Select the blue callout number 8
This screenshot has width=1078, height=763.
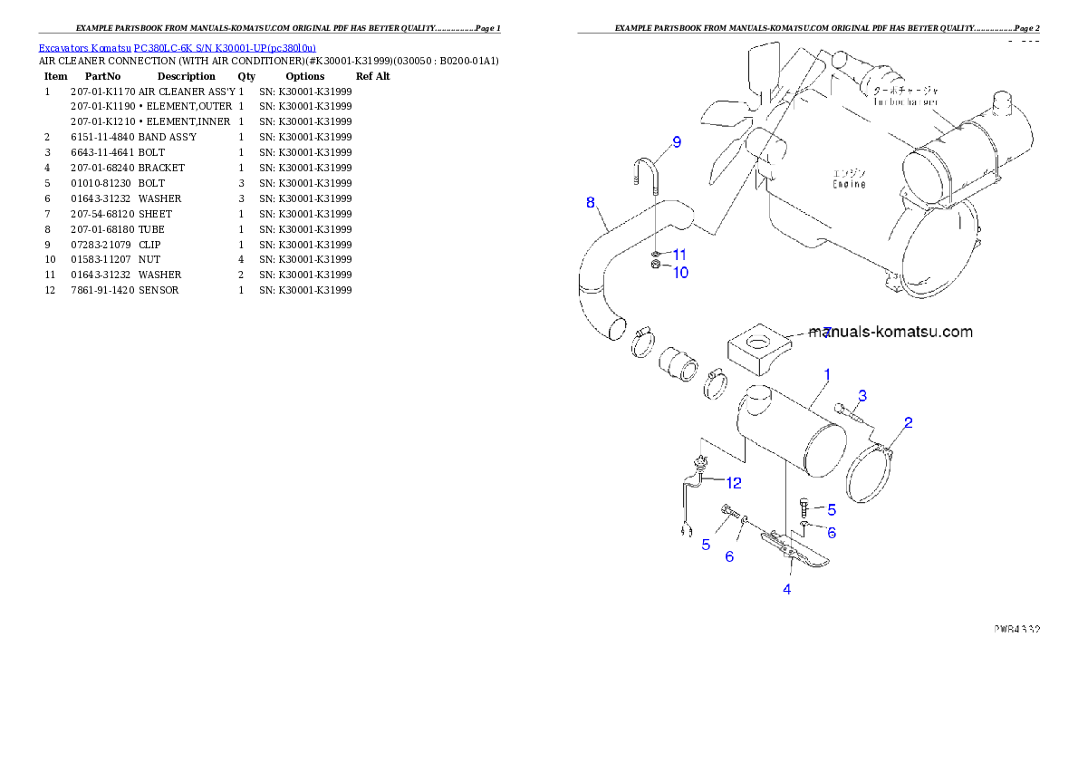(x=591, y=202)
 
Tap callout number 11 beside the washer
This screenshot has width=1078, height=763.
(x=679, y=255)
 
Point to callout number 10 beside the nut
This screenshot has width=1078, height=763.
(x=679, y=271)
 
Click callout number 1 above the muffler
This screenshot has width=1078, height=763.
(x=826, y=373)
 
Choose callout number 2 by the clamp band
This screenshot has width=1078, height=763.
(x=908, y=422)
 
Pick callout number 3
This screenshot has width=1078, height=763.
(x=862, y=395)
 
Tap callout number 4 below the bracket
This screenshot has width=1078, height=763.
(x=787, y=589)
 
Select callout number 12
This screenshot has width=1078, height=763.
(x=733, y=483)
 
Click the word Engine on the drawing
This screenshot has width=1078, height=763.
(x=849, y=184)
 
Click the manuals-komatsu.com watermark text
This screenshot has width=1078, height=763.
(x=891, y=332)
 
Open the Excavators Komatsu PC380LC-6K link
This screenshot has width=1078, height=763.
(x=177, y=48)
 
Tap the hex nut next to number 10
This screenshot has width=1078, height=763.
(x=654, y=266)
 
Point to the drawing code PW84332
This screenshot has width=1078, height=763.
(x=1015, y=627)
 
